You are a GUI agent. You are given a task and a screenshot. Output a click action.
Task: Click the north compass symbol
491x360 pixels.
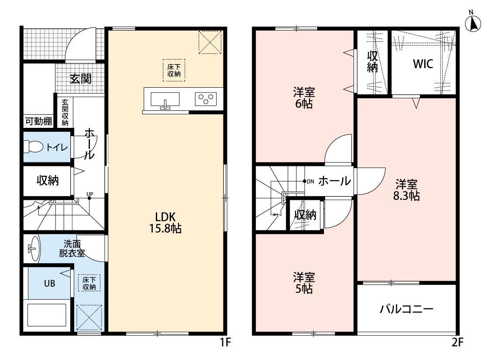pyautogui.click(x=473, y=22)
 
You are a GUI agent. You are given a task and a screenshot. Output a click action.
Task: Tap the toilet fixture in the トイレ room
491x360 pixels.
pyautogui.click(x=34, y=147)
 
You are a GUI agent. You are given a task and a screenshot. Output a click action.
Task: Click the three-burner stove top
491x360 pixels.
pyautogui.click(x=206, y=99)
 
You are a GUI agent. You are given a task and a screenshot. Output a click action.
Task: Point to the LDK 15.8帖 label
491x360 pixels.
pyautogui.click(x=165, y=223)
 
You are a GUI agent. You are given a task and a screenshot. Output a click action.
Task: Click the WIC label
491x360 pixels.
pyautogui.click(x=423, y=64)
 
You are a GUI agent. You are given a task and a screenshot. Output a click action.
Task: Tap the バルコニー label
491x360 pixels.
pyautogui.click(x=406, y=309)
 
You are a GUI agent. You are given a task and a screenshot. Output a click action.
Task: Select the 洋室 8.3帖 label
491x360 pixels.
pyautogui.click(x=406, y=190)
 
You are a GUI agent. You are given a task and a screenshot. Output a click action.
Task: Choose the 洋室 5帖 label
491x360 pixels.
pyautogui.click(x=304, y=283)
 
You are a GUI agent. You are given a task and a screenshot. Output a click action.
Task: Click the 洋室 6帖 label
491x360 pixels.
pyautogui.click(x=304, y=98)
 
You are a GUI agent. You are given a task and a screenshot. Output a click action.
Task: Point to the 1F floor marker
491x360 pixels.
pyautogui.click(x=225, y=342)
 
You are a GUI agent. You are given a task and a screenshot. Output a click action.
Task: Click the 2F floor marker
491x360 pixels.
pyautogui.click(x=457, y=342)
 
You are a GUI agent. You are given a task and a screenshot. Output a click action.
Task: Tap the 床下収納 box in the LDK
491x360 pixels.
pyautogui.click(x=174, y=70)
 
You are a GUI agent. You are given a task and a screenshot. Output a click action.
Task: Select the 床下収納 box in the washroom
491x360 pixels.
pyautogui.click(x=89, y=283)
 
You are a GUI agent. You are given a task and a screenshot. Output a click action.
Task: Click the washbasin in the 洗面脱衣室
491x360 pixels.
pyautogui.click(x=34, y=249)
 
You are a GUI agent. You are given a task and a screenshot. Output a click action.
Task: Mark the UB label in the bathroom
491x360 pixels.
pyautogui.click(x=49, y=284)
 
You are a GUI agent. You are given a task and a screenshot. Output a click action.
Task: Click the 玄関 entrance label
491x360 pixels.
pyautogui.click(x=80, y=79)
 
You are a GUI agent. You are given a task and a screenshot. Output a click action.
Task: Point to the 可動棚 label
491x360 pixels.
pyautogui.click(x=38, y=121)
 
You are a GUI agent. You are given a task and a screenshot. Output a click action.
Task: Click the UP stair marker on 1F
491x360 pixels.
pyautogui.click(x=90, y=195)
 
